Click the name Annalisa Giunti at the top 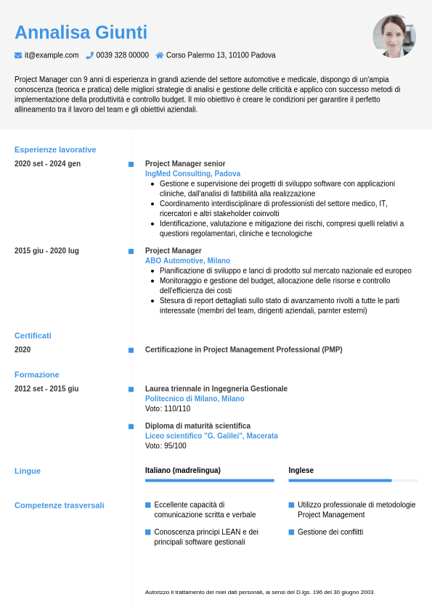[x=81, y=33]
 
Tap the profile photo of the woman [x=394, y=36]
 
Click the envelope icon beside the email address [x=18, y=55]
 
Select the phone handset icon [x=90, y=55]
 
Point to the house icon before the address [x=160, y=55]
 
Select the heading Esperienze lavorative [x=55, y=149]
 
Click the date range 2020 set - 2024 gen [x=47, y=163]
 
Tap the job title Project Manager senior [x=185, y=164]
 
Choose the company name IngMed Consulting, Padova [x=192, y=174]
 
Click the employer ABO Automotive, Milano [x=187, y=260]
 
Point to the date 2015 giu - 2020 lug [x=46, y=250]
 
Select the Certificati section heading [x=33, y=336]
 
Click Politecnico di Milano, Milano [x=195, y=399]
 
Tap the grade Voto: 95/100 [x=166, y=446]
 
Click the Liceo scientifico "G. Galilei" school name [x=211, y=436]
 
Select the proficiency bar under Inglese [x=353, y=480]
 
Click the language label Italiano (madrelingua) [x=183, y=470]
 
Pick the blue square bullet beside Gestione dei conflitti [x=291, y=532]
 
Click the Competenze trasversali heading [x=59, y=505]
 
